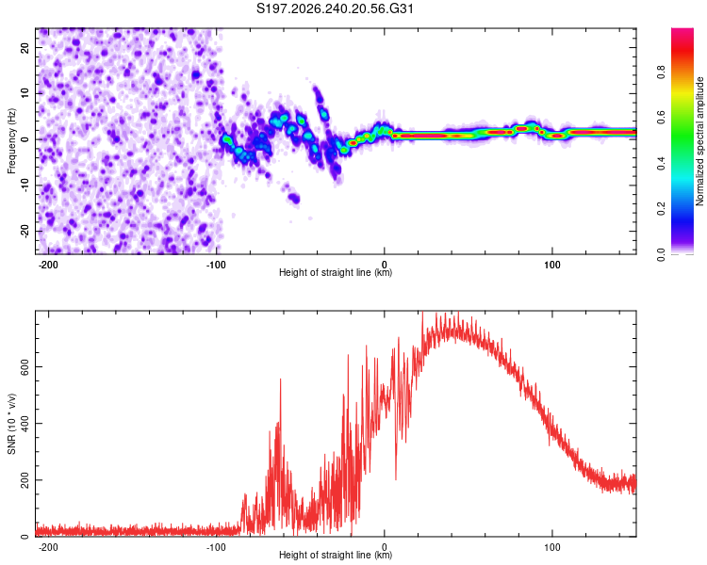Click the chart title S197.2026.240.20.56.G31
(335, 8)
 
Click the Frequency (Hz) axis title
(11, 141)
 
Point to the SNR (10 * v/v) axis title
(11, 424)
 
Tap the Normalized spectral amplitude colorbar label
(699, 141)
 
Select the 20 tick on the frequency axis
(25, 47)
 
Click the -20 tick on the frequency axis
(25, 231)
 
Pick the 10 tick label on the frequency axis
(25, 93)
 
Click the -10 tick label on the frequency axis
(25, 186)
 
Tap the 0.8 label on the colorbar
(661, 73)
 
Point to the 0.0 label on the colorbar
(661, 254)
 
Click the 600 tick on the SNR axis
(25, 367)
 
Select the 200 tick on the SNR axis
(25, 480)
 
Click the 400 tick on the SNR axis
(25, 424)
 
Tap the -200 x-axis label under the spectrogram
(48, 265)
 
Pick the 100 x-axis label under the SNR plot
(551, 547)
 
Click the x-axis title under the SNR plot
(336, 555)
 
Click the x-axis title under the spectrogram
(336, 272)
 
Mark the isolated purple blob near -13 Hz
(294, 198)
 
